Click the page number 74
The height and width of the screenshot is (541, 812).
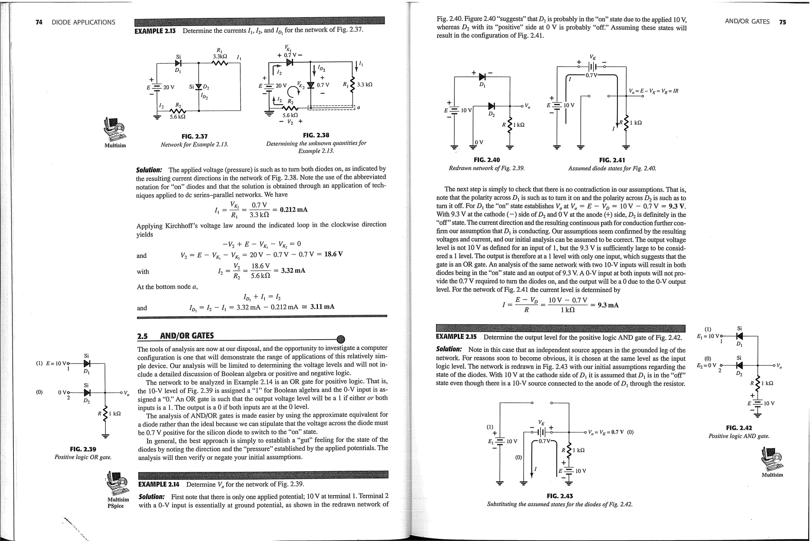39,22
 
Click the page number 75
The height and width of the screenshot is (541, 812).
782,22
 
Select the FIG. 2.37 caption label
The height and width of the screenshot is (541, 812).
194,136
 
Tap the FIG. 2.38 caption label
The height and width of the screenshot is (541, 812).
316,135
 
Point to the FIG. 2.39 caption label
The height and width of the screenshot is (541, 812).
83,449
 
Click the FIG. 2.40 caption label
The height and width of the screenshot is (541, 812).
486,160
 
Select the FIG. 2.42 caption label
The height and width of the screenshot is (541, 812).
739,428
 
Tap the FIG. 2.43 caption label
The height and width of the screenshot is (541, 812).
559,496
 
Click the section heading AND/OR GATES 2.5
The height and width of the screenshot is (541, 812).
175,336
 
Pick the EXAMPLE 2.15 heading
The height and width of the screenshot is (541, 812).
456,337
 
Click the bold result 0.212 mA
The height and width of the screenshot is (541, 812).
293,210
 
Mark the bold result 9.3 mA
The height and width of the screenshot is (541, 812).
608,305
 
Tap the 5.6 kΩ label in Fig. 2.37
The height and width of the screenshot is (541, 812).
177,117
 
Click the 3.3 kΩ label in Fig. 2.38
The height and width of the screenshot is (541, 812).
364,84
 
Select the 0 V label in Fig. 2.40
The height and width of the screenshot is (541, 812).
479,142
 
